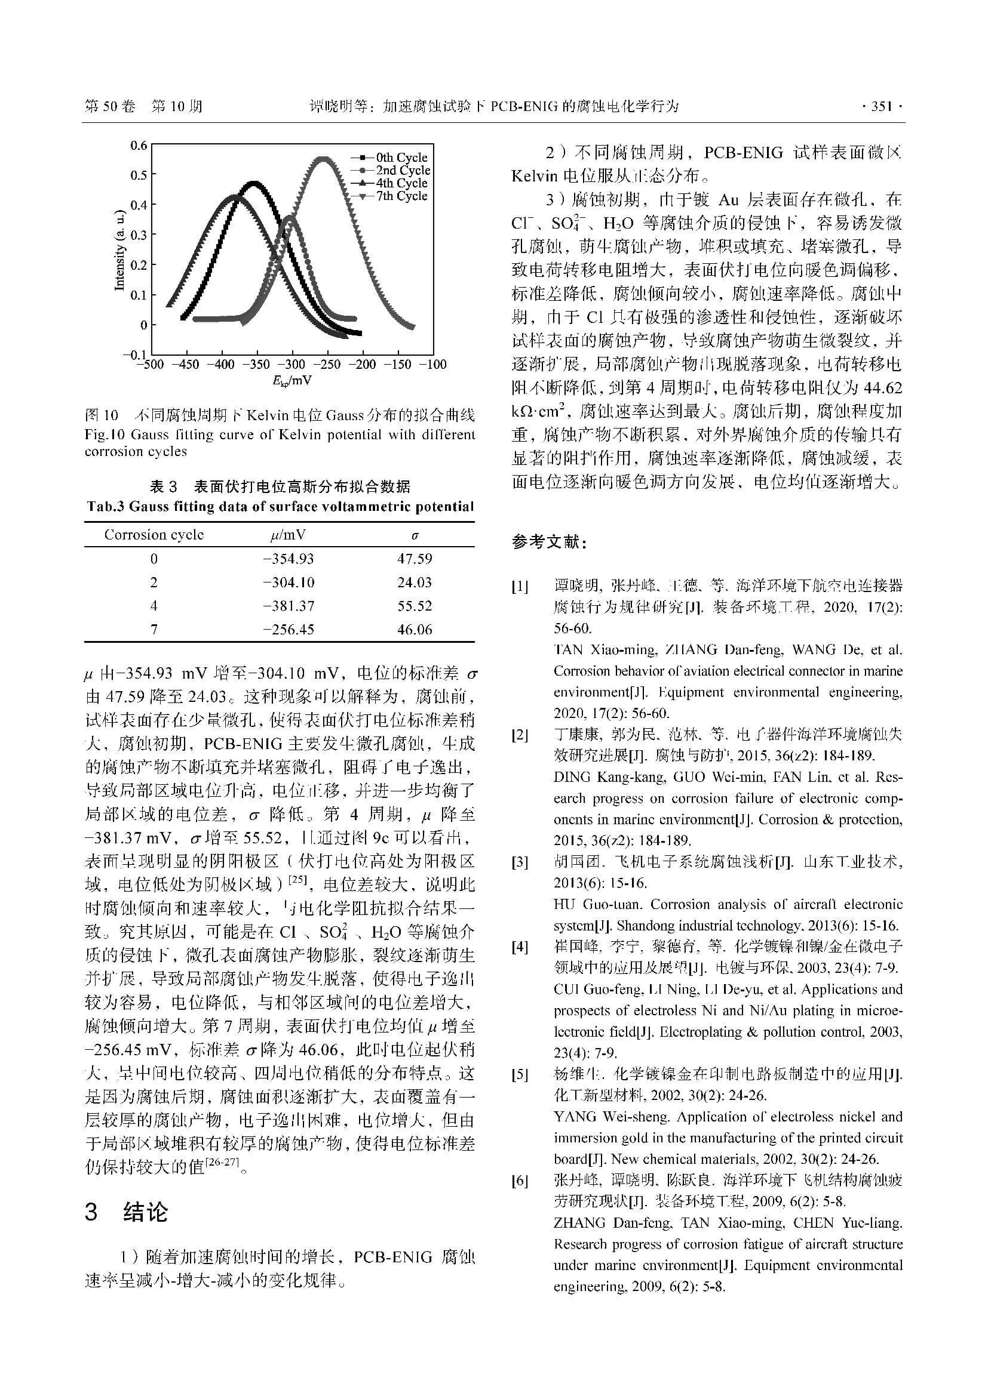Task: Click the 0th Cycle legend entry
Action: point(401,158)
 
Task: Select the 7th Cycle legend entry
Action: point(401,196)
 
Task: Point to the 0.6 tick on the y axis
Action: point(139,145)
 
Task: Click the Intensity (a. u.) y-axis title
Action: point(120,250)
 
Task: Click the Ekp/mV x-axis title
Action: point(292,381)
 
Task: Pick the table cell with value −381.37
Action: point(289,606)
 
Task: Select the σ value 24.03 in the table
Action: point(415,583)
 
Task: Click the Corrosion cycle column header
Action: point(154,535)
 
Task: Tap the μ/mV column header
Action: point(289,535)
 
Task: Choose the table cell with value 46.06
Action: point(415,630)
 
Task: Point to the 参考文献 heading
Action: point(550,543)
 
